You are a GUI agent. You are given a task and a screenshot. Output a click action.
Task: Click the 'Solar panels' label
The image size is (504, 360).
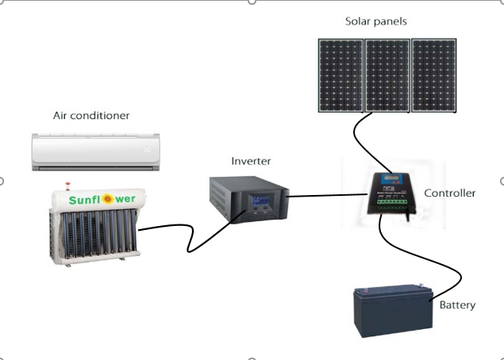(x=376, y=21)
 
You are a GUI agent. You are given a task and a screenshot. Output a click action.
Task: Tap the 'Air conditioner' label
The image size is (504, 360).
(x=90, y=116)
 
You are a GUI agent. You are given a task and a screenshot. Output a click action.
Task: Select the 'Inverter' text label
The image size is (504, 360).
(x=251, y=161)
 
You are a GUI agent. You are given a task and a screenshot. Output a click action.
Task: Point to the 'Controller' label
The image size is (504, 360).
(x=450, y=193)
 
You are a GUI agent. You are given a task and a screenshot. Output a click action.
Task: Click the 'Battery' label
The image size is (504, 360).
(x=457, y=304)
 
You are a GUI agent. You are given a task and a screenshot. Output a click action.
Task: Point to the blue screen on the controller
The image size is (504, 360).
(x=391, y=180)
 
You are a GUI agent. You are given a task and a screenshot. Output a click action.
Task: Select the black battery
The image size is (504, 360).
(x=394, y=314)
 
